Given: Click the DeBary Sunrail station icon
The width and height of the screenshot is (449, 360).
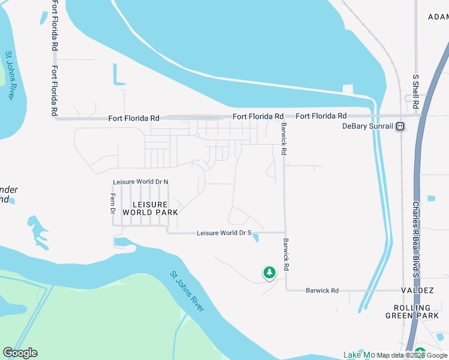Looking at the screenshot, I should (400, 127).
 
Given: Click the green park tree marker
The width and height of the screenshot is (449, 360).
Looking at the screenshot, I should (270, 273).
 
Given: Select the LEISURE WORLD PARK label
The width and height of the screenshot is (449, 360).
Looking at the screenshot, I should (150, 208).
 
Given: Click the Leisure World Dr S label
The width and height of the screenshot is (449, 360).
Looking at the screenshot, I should (224, 233).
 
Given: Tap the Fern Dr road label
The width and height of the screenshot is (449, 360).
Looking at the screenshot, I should (112, 204).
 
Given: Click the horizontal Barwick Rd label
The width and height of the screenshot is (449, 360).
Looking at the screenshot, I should (322, 290).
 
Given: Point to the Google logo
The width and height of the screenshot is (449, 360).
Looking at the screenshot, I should (20, 353).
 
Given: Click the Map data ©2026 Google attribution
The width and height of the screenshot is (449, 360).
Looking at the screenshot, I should (412, 355).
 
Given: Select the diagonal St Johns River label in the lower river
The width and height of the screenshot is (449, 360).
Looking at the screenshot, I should (187, 291).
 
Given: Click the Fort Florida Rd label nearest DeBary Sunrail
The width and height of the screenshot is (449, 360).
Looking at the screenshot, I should (321, 116).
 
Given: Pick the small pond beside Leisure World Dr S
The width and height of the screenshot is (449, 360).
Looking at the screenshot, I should (256, 238).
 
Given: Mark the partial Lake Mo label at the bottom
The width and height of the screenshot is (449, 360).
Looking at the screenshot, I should (359, 355).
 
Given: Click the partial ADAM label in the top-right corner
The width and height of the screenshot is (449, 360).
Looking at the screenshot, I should (438, 17).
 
